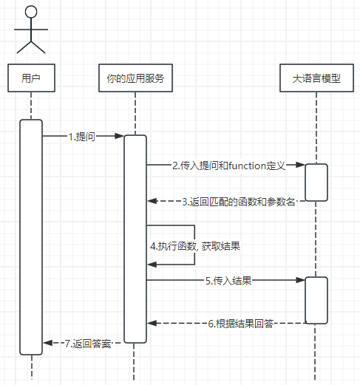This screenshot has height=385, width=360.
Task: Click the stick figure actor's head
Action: pos(31,13)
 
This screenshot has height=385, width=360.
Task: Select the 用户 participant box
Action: pos(31,78)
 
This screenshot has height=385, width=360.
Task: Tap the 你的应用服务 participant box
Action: pos(135,78)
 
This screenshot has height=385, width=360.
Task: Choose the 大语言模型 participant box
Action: pos(316,78)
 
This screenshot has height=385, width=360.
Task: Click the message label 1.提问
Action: pos(81,137)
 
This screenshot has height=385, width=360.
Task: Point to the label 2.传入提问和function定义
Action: pos(228,166)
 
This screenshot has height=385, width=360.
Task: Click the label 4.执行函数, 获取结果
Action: pos(194,245)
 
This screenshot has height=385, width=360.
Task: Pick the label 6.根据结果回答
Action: pos(241,323)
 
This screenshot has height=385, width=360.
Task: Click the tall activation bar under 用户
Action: pos(31,236)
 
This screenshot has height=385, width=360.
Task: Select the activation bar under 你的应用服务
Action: pos(135,238)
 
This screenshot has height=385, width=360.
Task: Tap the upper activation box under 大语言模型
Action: pos(316,182)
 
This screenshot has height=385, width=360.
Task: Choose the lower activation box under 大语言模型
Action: pos(316,299)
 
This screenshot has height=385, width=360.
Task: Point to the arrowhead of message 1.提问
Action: pos(119,137)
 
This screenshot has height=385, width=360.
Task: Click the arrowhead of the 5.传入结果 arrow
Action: pos(301,281)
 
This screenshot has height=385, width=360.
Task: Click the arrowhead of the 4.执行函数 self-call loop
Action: pos(152,264)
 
